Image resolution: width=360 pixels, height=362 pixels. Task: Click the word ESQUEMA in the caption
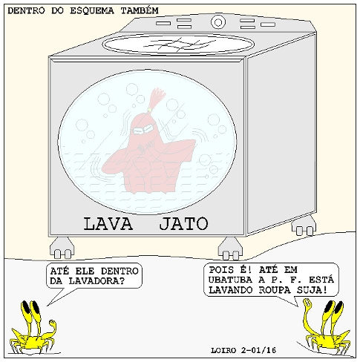click(x=92, y=11)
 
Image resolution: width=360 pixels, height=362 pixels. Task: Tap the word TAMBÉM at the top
click(x=140, y=10)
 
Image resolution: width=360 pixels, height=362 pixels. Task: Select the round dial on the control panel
click(x=218, y=22)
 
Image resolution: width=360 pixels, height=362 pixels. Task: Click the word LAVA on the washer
click(x=108, y=224)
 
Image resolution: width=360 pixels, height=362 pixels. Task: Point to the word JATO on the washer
click(x=183, y=223)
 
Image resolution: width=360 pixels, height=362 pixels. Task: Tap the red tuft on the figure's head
click(x=156, y=99)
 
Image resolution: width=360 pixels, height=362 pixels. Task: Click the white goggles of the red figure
click(x=144, y=129)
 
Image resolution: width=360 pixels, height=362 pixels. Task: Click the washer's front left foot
click(x=62, y=248)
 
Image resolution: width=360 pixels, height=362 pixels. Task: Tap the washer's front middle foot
click(x=230, y=249)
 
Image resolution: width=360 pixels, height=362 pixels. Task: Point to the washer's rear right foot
click(x=304, y=225)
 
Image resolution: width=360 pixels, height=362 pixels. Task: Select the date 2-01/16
click(x=258, y=350)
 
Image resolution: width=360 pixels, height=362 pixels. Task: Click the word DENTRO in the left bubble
click(x=120, y=271)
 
